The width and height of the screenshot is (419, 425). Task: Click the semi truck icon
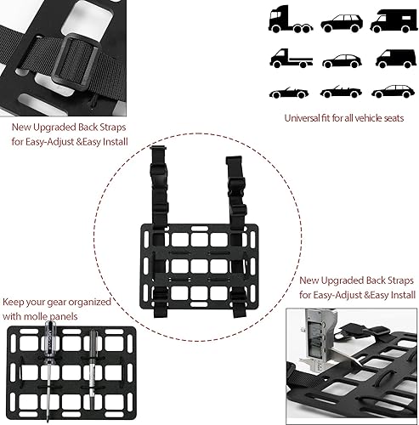coord(287,20)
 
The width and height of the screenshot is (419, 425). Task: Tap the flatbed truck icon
coord(287,59)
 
